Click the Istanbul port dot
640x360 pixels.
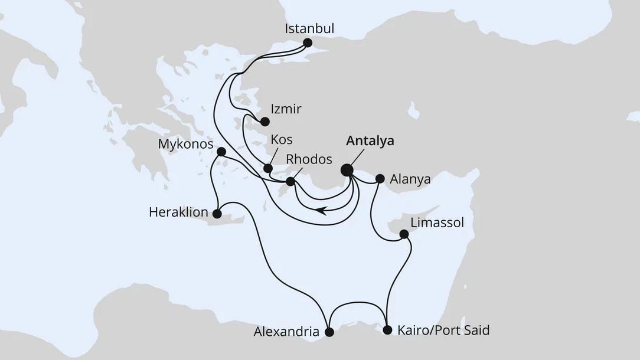click(307, 42)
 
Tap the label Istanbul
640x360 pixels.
click(310, 28)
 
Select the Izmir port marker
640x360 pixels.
click(265, 122)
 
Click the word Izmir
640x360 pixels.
click(286, 109)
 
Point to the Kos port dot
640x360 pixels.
click(267, 169)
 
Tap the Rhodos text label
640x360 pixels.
click(309, 159)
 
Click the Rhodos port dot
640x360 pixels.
click(290, 182)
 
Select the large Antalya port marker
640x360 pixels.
click(347, 171)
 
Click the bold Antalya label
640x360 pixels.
click(370, 141)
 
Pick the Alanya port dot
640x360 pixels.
click(380, 178)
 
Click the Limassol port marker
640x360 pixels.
click(404, 234)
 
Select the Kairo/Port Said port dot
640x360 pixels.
click(387, 330)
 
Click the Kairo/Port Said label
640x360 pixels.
click(443, 330)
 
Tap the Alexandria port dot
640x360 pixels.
click(329, 332)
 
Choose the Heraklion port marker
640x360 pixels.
click(217, 214)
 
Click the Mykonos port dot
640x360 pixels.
click(221, 152)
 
